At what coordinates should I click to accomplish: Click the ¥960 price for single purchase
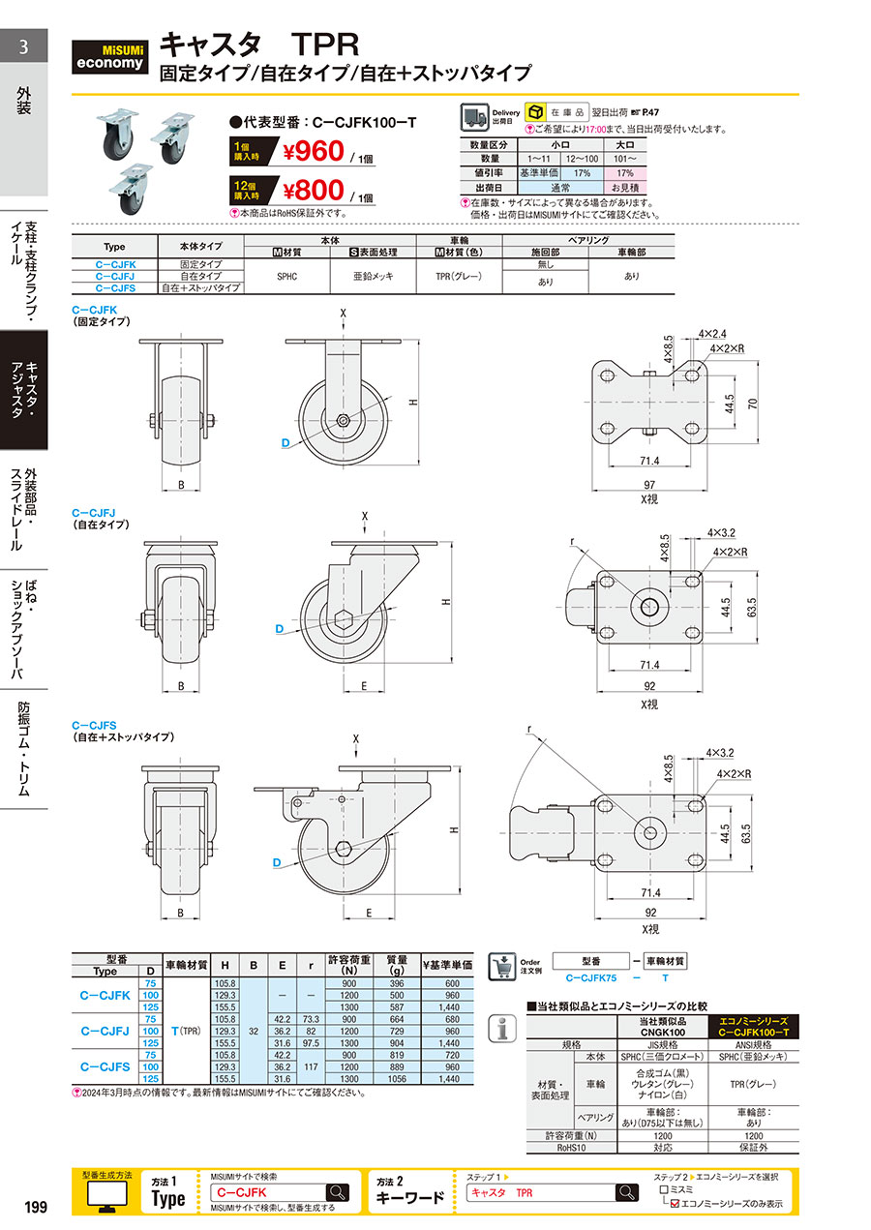click(314, 152)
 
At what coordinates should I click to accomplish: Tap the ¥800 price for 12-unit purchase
click(314, 191)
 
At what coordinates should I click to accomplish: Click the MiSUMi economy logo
click(109, 57)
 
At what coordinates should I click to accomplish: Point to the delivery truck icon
click(474, 117)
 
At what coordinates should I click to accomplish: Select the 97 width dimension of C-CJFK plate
click(649, 485)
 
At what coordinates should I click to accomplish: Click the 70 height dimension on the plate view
click(752, 403)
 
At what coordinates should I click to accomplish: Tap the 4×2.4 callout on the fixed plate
click(712, 334)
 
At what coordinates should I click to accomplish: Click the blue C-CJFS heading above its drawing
click(94, 726)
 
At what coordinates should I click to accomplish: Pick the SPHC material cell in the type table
click(286, 276)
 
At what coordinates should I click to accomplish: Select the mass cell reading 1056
click(397, 1078)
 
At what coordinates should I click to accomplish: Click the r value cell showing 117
click(311, 1066)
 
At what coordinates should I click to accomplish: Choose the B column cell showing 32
click(254, 1031)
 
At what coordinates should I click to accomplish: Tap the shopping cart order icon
click(502, 967)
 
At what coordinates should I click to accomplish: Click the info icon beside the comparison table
click(502, 1028)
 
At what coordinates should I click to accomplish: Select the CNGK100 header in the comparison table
click(662, 1033)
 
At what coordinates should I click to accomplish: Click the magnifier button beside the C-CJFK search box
click(337, 1192)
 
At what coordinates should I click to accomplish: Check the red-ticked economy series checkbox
click(675, 1204)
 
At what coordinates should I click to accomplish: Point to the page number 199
click(36, 1207)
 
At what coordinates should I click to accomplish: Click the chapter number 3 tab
click(23, 46)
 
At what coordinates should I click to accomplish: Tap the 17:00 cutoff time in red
click(595, 130)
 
